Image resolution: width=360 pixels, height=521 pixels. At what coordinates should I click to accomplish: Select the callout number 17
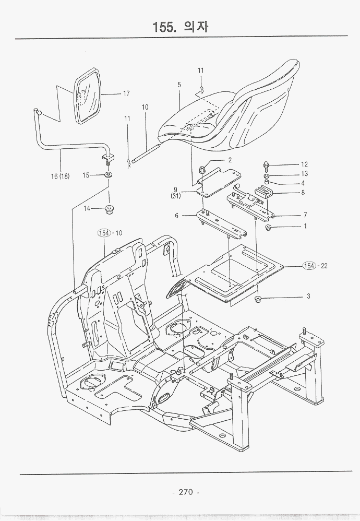pyautogui.click(x=126, y=94)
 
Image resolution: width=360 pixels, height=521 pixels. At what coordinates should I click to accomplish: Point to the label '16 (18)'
pyautogui.click(x=61, y=176)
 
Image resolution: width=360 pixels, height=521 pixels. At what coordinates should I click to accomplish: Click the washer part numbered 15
pyautogui.click(x=108, y=175)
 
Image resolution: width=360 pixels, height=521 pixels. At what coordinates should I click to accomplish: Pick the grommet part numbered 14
pyautogui.click(x=110, y=210)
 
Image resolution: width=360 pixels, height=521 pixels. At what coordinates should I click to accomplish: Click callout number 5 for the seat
pyautogui.click(x=179, y=85)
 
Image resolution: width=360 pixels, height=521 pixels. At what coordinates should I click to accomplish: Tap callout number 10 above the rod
pyautogui.click(x=145, y=107)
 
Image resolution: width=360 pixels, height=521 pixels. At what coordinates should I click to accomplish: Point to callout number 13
pyautogui.click(x=304, y=174)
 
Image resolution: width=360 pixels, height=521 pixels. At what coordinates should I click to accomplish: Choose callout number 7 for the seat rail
pyautogui.click(x=304, y=215)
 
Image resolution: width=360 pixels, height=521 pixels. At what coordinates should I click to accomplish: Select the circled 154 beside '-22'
pyautogui.click(x=310, y=266)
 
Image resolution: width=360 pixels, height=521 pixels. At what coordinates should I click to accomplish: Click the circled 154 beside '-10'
pyautogui.click(x=105, y=233)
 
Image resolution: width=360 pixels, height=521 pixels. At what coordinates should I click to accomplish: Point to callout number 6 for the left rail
pyautogui.click(x=177, y=215)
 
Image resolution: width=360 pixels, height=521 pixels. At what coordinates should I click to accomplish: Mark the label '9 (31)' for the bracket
pyautogui.click(x=175, y=193)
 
